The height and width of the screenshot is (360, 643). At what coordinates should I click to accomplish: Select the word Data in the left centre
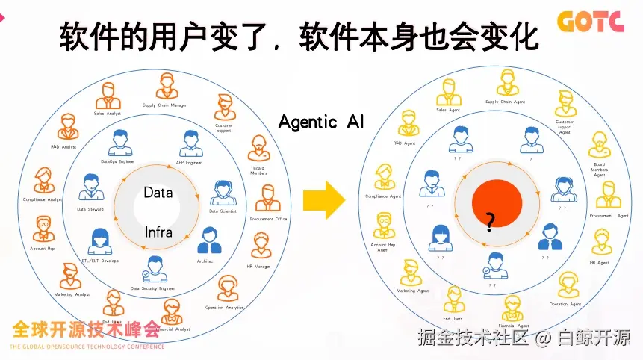pos(158,192)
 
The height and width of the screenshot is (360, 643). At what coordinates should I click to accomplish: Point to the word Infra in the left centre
pos(158,232)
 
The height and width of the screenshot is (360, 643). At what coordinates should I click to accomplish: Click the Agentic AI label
pos(321,122)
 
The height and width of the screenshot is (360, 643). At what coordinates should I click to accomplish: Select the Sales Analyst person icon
pos(109,95)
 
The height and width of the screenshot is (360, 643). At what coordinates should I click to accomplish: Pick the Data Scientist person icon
pos(223,193)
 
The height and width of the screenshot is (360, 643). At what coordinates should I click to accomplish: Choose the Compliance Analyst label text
pos(42,199)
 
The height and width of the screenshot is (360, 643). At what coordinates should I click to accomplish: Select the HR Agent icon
pos(599,243)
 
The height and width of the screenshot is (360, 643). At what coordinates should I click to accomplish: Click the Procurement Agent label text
pos(609,216)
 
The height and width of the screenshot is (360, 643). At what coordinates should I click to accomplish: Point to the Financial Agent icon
pos(513,307)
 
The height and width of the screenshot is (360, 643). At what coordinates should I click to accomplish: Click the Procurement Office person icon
pos(268,199)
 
